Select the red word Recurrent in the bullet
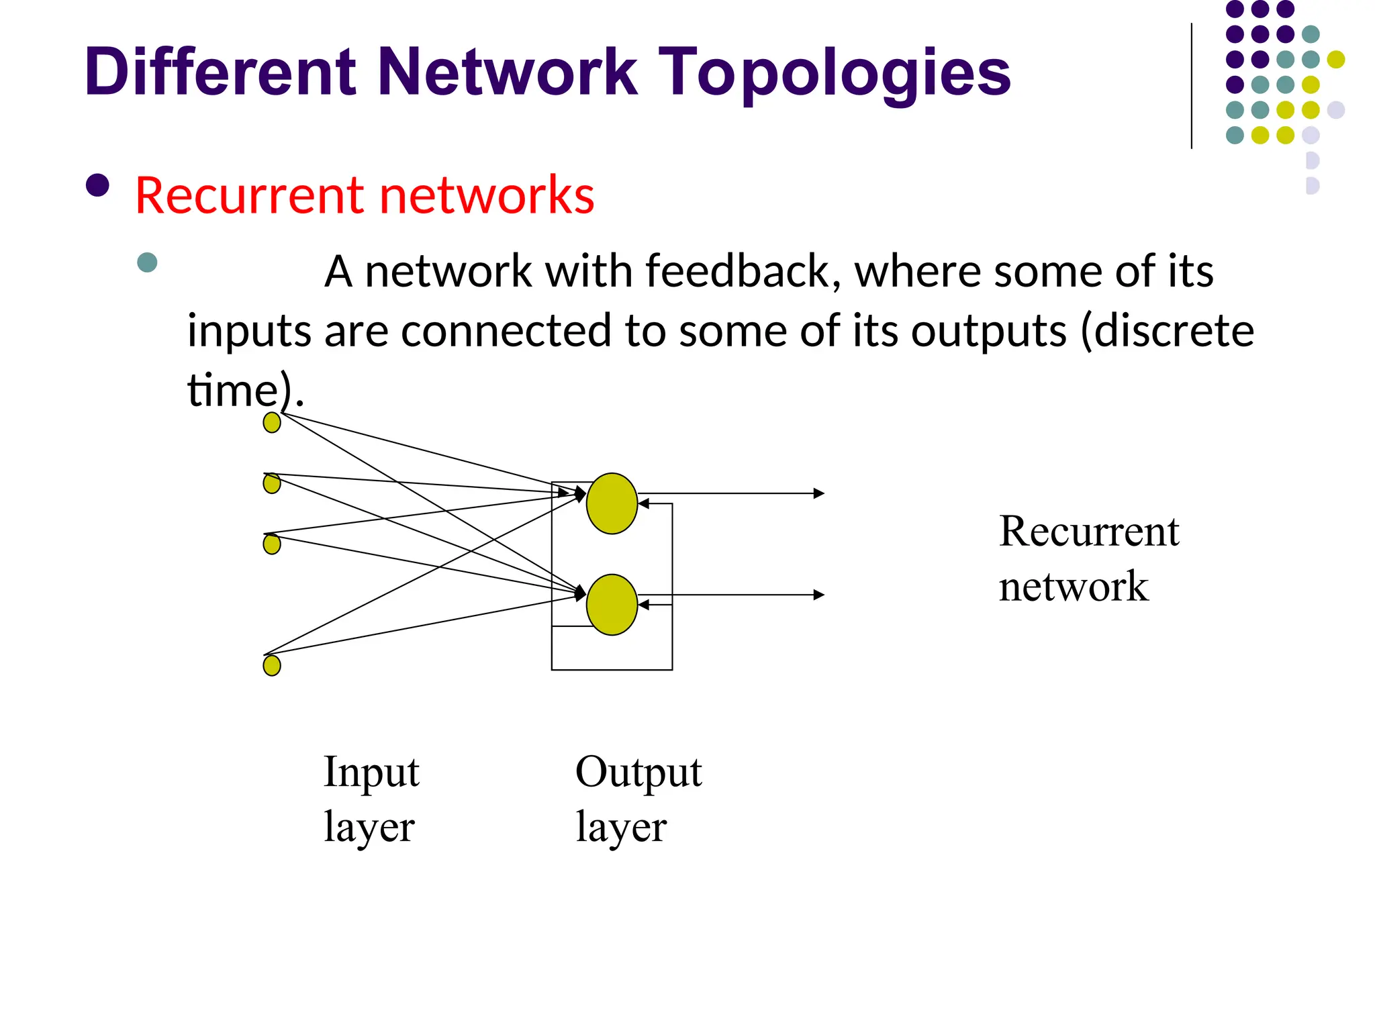[x=252, y=195]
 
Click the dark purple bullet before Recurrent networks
[x=98, y=186]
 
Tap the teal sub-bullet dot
[x=147, y=262]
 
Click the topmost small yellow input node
[x=272, y=423]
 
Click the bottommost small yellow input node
[x=272, y=666]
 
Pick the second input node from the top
[x=272, y=483]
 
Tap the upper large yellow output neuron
[x=612, y=503]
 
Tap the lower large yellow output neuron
[x=612, y=605]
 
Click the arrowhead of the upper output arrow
[x=819, y=493]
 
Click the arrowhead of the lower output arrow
[x=819, y=595]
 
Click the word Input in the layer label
[x=371, y=772]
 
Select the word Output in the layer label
[x=638, y=772]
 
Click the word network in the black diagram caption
[x=1073, y=587]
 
